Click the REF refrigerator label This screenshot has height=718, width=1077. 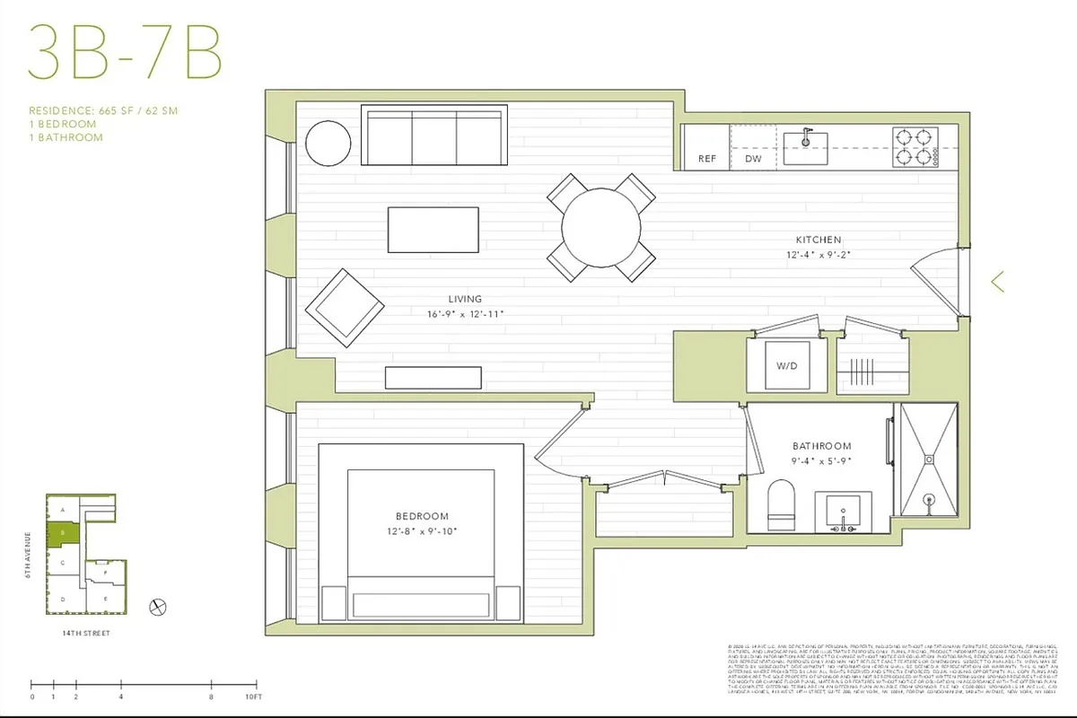click(x=706, y=159)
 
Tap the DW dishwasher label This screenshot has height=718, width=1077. click(x=753, y=159)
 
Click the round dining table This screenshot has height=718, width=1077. click(x=601, y=226)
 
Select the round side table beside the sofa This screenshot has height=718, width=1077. click(x=328, y=142)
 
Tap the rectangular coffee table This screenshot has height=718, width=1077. click(x=433, y=230)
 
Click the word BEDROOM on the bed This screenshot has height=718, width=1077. click(x=421, y=516)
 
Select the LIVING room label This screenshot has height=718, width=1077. click(x=465, y=299)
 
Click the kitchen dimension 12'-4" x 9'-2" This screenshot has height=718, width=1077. click(x=818, y=255)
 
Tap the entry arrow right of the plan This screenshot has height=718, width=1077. click(x=996, y=282)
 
